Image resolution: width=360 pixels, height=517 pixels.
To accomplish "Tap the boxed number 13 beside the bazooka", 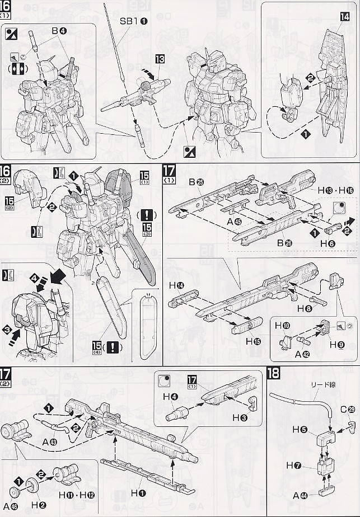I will click(160, 59).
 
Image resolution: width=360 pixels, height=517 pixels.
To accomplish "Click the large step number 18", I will click(274, 374).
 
